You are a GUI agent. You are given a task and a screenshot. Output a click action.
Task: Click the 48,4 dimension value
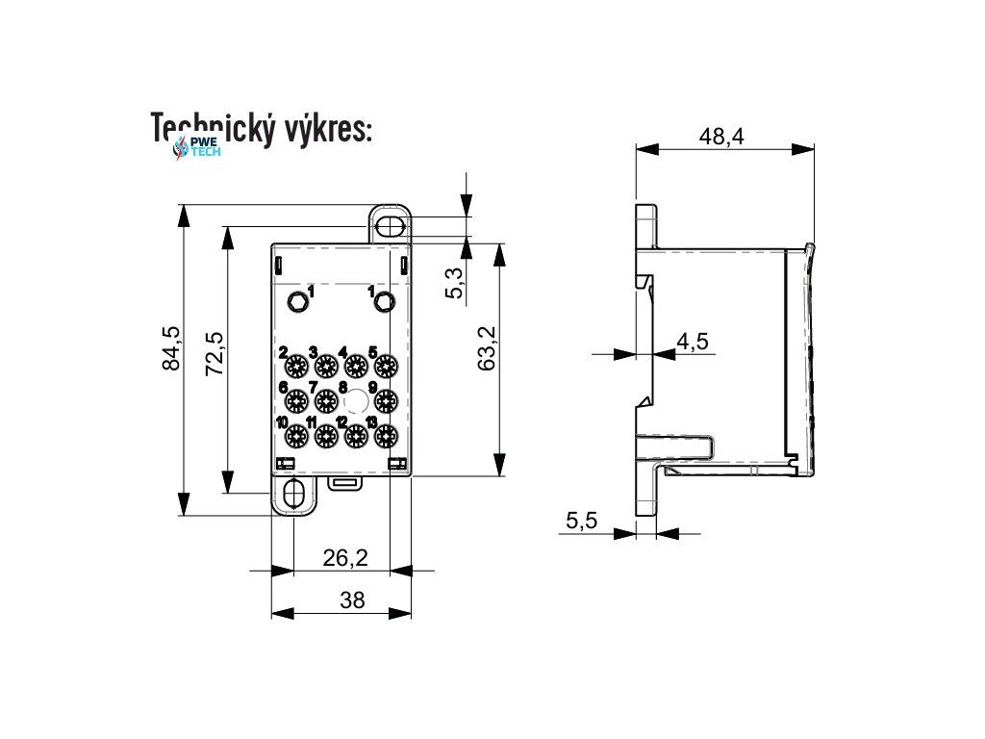click(721, 137)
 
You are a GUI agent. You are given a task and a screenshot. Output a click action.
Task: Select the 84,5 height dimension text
click(171, 348)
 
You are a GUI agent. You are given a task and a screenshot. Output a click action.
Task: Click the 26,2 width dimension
click(344, 555)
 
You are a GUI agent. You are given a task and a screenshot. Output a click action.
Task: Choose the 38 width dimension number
click(353, 600)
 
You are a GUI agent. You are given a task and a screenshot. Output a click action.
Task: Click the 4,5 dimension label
click(693, 341)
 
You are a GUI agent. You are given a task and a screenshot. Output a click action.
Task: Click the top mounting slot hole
click(390, 226)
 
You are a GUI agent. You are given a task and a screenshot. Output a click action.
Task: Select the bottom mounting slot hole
click(294, 495)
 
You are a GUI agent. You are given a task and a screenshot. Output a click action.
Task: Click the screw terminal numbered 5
click(387, 366)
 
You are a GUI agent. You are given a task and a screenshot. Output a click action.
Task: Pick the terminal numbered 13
click(387, 436)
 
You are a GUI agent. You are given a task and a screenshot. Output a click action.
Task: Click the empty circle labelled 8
click(356, 400)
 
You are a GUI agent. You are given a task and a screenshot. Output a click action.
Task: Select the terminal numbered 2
click(295, 366)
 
